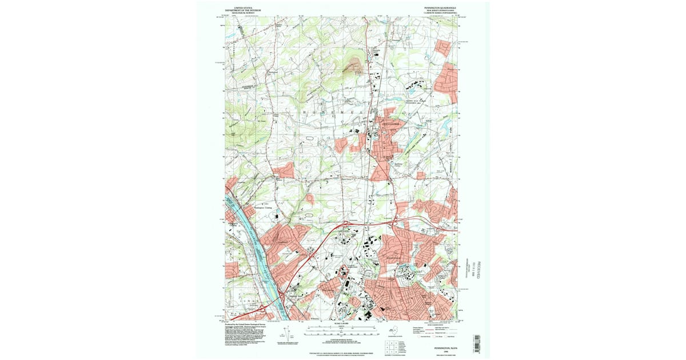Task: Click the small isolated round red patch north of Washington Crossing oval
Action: pyautogui.click(x=310, y=199)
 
